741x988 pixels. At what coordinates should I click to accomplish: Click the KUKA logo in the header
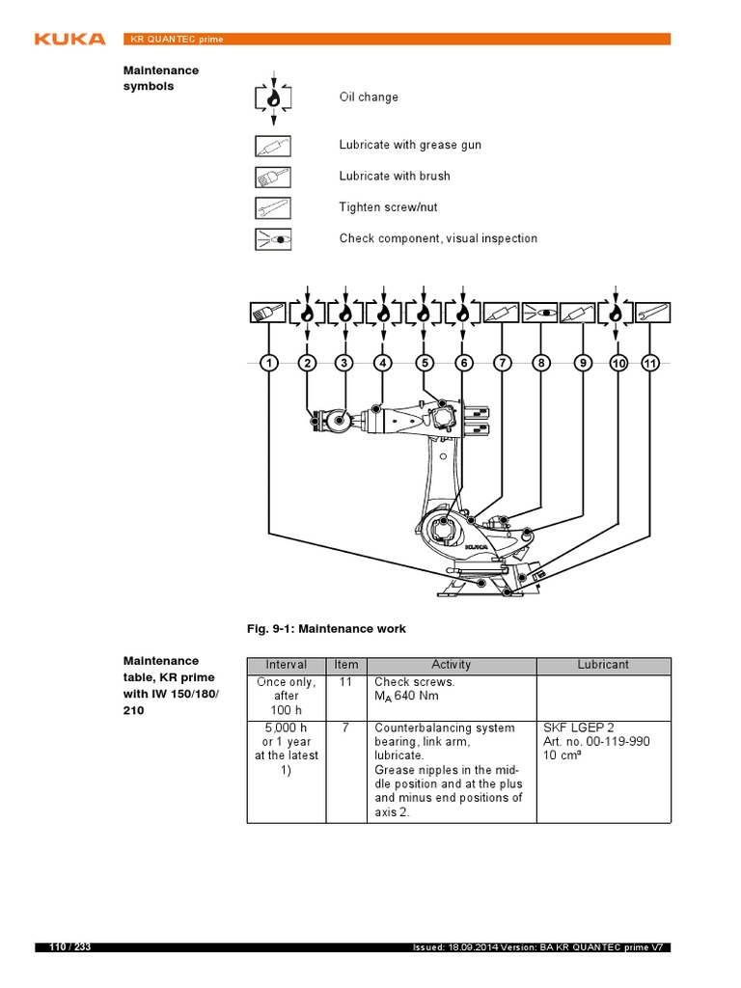[69, 39]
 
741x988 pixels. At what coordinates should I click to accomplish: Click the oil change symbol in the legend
[273, 97]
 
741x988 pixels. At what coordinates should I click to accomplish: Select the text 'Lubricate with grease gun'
[409, 145]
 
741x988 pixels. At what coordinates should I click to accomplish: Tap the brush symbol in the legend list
[273, 177]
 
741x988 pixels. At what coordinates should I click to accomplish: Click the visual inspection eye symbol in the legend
[273, 238]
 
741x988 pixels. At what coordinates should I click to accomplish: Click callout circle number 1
[268, 363]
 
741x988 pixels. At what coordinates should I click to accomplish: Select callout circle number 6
[464, 363]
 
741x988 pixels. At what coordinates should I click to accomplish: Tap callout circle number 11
[650, 363]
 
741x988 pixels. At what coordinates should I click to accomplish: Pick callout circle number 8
[541, 363]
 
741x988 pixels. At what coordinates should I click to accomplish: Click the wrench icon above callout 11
[652, 313]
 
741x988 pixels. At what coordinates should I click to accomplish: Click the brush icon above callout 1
[268, 313]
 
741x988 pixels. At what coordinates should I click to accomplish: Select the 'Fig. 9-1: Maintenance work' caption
[326, 629]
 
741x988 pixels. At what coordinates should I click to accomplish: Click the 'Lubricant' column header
[603, 665]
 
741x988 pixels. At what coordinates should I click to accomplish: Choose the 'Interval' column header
[287, 665]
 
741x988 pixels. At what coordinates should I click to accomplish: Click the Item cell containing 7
[345, 727]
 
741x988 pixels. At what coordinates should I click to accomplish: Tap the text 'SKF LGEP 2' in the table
[578, 727]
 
